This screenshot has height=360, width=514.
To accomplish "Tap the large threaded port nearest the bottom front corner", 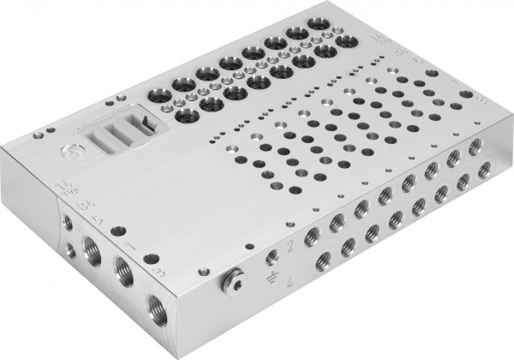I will (x=157, y=304).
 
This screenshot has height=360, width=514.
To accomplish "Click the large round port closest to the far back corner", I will (x=300, y=35).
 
